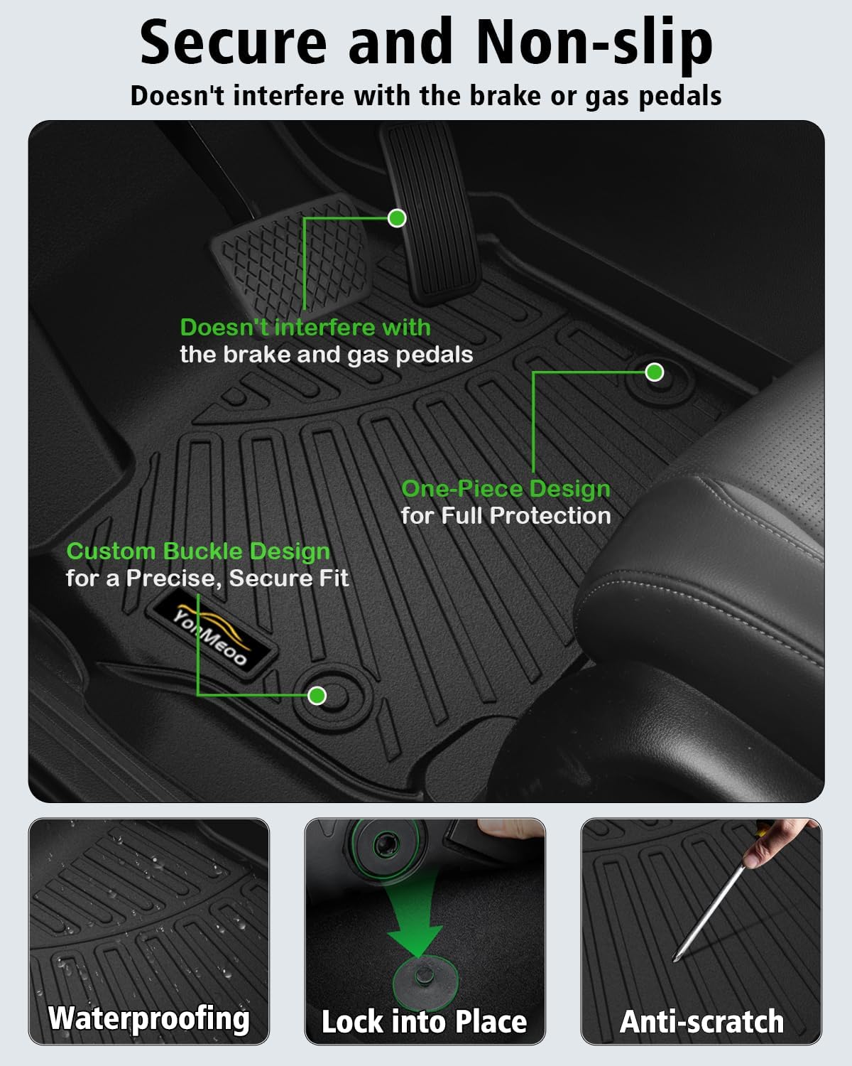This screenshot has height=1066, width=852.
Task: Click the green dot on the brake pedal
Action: pyautogui.click(x=397, y=218)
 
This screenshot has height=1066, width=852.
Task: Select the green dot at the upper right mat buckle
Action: pyautogui.click(x=654, y=372)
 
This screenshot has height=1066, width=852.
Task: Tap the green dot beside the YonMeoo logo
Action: pyautogui.click(x=317, y=695)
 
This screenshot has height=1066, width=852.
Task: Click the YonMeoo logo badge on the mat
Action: pyautogui.click(x=212, y=630)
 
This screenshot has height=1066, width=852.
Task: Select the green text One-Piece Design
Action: pyautogui.click(x=506, y=489)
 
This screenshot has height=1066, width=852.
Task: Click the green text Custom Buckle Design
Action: pyautogui.click(x=198, y=551)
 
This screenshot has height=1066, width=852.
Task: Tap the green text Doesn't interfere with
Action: pyautogui.click(x=305, y=328)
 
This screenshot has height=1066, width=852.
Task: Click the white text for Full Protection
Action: pyautogui.click(x=506, y=516)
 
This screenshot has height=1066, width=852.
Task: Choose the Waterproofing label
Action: pyautogui.click(x=149, y=1018)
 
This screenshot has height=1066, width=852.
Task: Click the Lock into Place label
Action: pyautogui.click(x=424, y=1022)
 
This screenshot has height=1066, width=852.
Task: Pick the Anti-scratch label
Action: pyautogui.click(x=701, y=1022)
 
